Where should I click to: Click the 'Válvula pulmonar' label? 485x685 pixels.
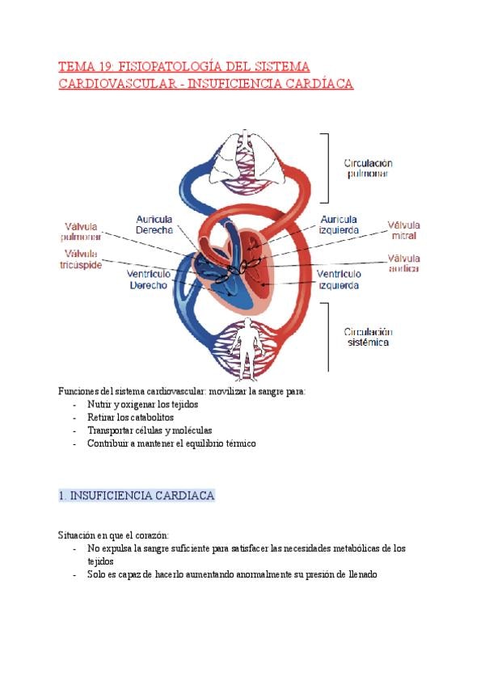coord(81,231)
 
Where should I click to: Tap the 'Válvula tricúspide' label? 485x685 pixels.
coord(81,259)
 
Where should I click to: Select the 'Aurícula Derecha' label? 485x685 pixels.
coord(154,224)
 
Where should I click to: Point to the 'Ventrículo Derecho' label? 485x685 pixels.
coord(149,279)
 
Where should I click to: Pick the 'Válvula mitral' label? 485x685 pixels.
coord(403,230)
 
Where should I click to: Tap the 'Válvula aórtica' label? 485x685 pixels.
coord(403,263)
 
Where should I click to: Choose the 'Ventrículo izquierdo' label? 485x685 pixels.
coord(339,279)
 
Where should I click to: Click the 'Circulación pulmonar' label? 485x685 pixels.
coord(368,167)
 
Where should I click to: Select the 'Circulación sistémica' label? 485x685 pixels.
coord(368,337)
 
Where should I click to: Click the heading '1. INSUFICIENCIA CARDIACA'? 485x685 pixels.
coord(137,495)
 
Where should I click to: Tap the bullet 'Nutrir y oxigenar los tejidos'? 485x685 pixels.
coord(142,404)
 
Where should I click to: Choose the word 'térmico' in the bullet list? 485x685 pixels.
coord(239,443)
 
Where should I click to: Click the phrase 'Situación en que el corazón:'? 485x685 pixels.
coord(113,535)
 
